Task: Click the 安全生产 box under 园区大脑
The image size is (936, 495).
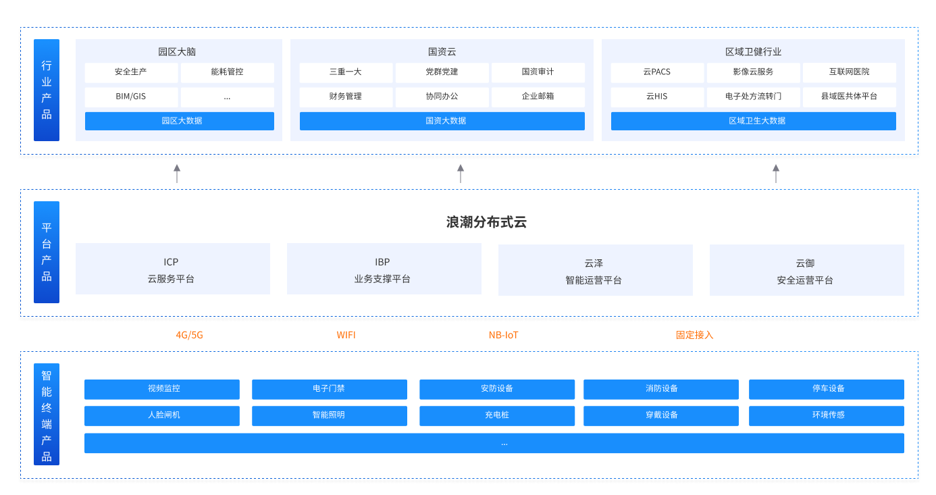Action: pyautogui.click(x=131, y=72)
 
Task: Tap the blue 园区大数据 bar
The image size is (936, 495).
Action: pyautogui.click(x=180, y=121)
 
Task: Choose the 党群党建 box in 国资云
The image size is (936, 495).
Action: pyautogui.click(x=442, y=72)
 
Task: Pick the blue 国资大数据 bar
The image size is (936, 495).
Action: pyautogui.click(x=442, y=121)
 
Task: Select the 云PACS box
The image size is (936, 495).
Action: pyautogui.click(x=657, y=72)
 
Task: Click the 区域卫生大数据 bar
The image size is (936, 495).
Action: pyautogui.click(x=754, y=121)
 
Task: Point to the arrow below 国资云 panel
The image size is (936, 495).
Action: pyautogui.click(x=461, y=174)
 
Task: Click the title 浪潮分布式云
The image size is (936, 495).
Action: pyautogui.click(x=486, y=222)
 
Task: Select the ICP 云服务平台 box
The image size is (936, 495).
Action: pyautogui.click(x=173, y=269)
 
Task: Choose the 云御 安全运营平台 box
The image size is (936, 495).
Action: pyautogui.click(x=807, y=270)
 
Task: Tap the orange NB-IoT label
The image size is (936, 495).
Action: pyautogui.click(x=504, y=335)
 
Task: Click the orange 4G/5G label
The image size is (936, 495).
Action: pyautogui.click(x=189, y=335)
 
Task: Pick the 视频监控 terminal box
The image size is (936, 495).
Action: pyautogui.click(x=162, y=390)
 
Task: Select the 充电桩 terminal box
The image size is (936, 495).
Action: pyautogui.click(x=497, y=416)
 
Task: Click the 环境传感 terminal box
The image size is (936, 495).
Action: pyautogui.click(x=827, y=416)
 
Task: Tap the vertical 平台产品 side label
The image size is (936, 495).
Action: pyautogui.click(x=47, y=253)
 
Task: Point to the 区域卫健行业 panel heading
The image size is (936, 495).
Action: pyautogui.click(x=754, y=52)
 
